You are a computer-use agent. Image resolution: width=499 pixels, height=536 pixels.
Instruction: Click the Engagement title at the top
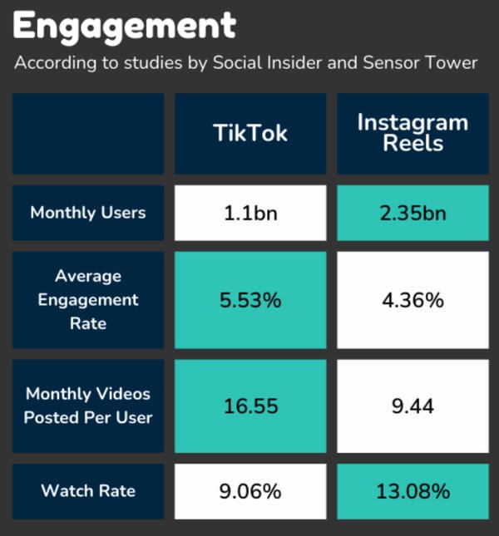tap(125, 27)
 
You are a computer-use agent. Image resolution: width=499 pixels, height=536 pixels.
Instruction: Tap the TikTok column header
tap(250, 133)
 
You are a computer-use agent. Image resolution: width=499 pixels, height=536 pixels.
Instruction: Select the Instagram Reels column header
tap(413, 133)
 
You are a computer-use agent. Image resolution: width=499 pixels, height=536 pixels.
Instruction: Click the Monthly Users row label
tap(87, 213)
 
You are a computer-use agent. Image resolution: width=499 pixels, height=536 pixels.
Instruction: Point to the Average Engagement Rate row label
tap(87, 299)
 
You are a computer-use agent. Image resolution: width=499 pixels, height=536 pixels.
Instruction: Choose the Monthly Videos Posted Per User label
tap(87, 406)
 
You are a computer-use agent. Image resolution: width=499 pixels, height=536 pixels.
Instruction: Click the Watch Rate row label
tap(87, 491)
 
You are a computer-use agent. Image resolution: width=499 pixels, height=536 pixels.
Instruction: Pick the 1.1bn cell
tap(250, 213)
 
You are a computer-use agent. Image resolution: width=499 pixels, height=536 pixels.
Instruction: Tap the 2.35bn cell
tap(413, 213)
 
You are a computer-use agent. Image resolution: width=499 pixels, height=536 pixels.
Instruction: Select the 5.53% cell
tap(250, 300)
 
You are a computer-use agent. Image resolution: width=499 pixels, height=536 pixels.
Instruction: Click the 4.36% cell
tap(413, 300)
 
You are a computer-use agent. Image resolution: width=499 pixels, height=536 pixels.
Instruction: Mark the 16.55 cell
tap(250, 406)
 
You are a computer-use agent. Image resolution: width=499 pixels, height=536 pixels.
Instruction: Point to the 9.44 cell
tap(413, 406)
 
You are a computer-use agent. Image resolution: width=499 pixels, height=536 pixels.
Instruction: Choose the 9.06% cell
tap(250, 491)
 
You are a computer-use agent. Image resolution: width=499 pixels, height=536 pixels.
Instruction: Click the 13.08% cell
tap(413, 491)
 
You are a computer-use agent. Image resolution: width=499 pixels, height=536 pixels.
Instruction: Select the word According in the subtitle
tap(52, 64)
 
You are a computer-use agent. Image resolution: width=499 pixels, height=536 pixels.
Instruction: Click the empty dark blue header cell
tap(87, 133)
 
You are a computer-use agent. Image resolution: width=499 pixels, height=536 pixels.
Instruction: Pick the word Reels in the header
tap(413, 143)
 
